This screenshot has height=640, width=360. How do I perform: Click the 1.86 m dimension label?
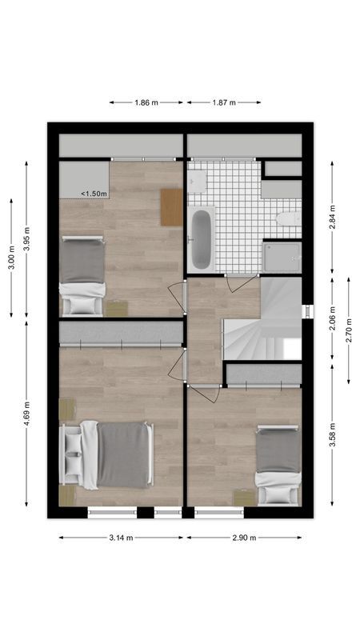[x=146, y=102]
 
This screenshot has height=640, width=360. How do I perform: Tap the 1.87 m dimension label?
[x=224, y=102]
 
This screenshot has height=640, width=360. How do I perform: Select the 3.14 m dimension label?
[x=122, y=538]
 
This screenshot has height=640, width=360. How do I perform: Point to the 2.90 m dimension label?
[x=244, y=538]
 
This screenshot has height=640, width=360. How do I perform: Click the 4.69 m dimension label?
[x=26, y=414]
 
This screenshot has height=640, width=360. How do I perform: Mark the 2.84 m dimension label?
[x=332, y=218]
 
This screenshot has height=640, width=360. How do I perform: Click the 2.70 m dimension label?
[x=349, y=330]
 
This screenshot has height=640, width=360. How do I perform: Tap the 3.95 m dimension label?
[x=26, y=238]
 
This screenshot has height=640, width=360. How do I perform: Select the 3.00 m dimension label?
[x=11, y=257]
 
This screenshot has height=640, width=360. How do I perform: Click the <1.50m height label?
[x=94, y=194]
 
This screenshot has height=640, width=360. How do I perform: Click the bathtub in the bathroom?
[x=201, y=238]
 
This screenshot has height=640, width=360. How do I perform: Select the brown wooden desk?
[x=171, y=206]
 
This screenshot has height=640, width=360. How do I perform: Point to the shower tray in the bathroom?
[x=282, y=257]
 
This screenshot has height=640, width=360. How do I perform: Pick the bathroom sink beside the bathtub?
[x=197, y=183]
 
